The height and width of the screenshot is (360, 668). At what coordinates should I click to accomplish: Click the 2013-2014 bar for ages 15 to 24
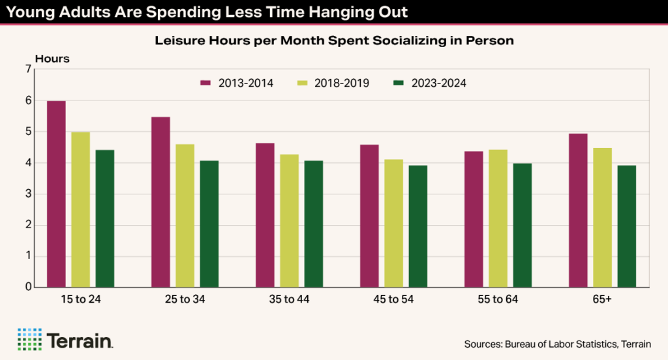(56, 194)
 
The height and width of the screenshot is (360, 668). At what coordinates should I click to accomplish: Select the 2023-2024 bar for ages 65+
(627, 226)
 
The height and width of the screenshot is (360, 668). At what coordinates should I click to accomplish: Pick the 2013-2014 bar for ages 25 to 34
(160, 202)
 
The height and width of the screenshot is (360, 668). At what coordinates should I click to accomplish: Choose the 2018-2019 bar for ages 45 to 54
(393, 223)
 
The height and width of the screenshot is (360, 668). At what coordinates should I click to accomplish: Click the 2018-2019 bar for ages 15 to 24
(80, 209)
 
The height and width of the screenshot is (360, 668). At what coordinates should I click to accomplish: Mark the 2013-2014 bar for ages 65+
(578, 210)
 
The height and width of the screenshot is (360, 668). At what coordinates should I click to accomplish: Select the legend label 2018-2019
(342, 83)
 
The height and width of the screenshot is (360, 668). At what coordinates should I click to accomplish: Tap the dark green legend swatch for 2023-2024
(399, 83)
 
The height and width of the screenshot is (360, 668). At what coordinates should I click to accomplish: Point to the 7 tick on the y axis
(28, 70)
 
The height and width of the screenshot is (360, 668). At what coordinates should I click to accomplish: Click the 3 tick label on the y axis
(28, 194)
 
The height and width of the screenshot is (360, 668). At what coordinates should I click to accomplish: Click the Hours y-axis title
(52, 58)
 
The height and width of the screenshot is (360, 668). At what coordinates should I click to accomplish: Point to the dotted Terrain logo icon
(29, 339)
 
